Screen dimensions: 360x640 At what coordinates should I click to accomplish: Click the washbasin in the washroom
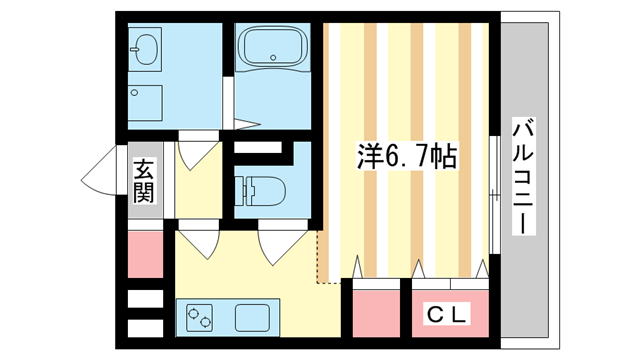coord(146,51)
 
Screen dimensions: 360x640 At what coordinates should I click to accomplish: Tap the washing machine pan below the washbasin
coord(148,103)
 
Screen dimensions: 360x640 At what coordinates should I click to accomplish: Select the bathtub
coord(273,49)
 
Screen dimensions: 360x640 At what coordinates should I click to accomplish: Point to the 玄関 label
coord(145,179)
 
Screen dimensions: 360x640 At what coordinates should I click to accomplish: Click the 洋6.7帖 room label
coord(407,156)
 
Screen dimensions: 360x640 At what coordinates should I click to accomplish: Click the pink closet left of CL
coord(376,312)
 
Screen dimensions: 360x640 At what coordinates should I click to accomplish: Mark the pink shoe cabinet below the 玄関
coord(146,253)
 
